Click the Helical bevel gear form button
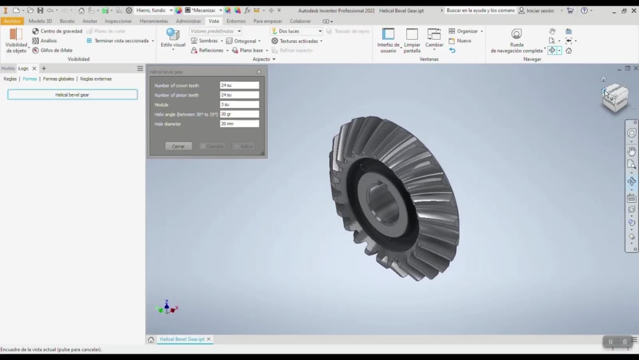tap(72, 95)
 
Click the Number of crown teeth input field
tap(239, 85)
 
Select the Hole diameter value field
tap(239, 124)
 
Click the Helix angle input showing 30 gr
tap(239, 114)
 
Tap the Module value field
tap(239, 105)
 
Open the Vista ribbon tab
tap(213, 21)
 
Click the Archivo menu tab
tap(12, 21)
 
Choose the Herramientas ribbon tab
tap(153, 21)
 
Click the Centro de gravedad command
tap(58, 31)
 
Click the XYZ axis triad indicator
tap(166, 308)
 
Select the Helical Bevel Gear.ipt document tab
tap(181, 340)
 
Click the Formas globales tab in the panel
tap(58, 79)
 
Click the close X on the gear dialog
tap(259, 72)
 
